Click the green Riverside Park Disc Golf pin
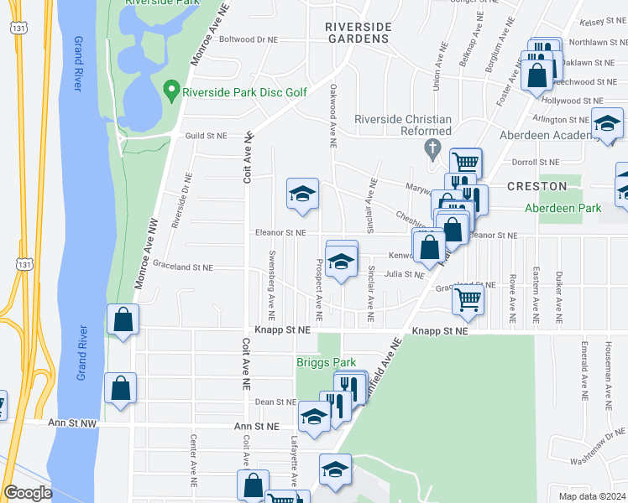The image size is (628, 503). (x=172, y=90)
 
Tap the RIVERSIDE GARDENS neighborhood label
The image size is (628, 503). (x=358, y=33)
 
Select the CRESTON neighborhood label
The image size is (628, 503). (x=536, y=185)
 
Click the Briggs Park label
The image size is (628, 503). (x=327, y=362)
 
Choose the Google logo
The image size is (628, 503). (x=28, y=493)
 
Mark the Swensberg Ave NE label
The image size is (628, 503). (x=272, y=285)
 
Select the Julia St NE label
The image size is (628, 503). (x=405, y=273)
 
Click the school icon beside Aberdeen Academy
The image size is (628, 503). (x=607, y=123)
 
